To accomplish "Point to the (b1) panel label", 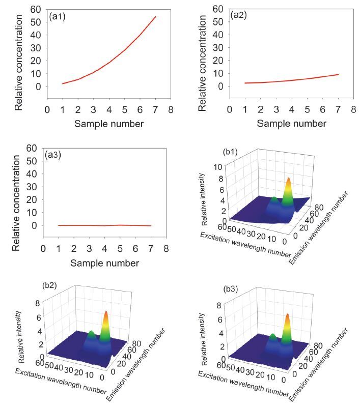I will [x=232, y=152].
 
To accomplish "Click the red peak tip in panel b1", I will [x=289, y=179].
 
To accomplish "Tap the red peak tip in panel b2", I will [x=106, y=312].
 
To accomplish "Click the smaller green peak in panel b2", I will [x=91, y=333].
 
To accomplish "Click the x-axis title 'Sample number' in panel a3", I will [x=104, y=263].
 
